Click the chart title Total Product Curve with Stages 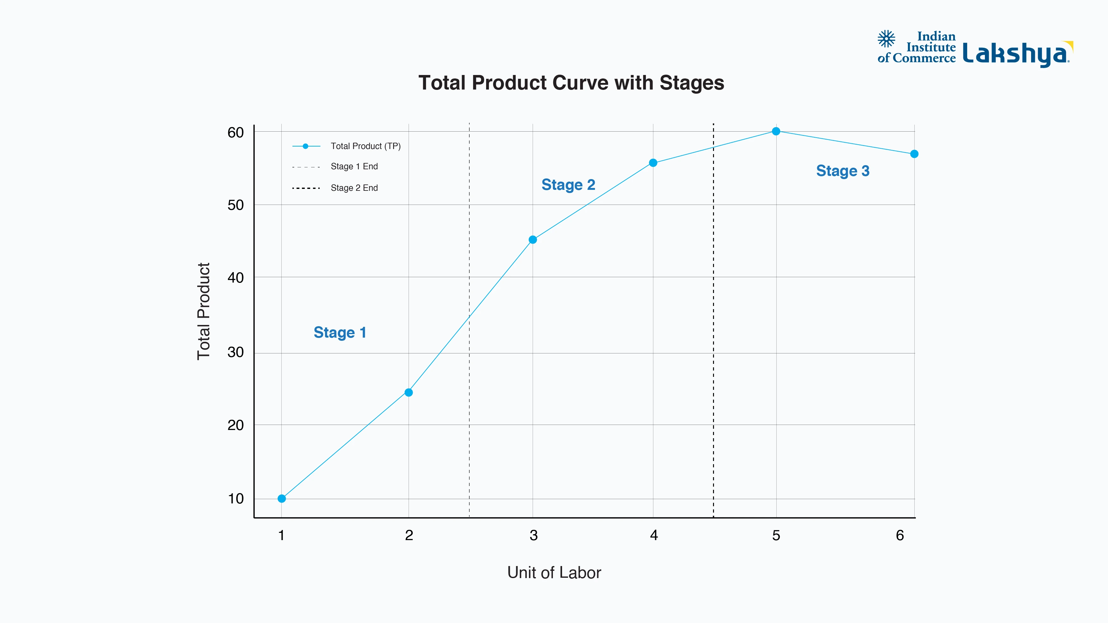[x=571, y=83]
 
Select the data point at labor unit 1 [x=282, y=498]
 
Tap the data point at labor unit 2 [x=409, y=392]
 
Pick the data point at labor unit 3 [x=533, y=240]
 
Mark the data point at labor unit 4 [x=653, y=163]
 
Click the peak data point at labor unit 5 [x=776, y=131]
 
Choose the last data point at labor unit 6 [x=914, y=154]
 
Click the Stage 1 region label [x=340, y=332]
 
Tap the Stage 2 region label [x=568, y=184]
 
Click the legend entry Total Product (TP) [x=365, y=146]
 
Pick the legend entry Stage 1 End [x=354, y=166]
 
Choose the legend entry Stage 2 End [x=354, y=188]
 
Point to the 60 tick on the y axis [x=236, y=133]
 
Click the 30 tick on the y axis [x=236, y=352]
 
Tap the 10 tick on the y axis [x=236, y=499]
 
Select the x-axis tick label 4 [x=654, y=535]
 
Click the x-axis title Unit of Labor [x=554, y=573]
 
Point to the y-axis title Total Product [x=203, y=311]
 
